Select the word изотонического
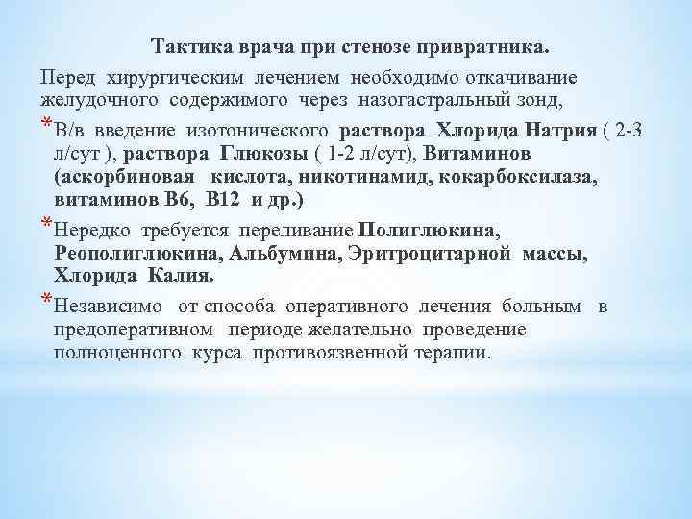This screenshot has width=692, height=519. click(264, 130)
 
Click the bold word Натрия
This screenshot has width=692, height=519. click(553, 130)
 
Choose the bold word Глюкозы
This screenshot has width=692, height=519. click(255, 154)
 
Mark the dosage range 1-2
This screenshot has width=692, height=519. click(344, 154)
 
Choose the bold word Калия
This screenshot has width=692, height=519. click(182, 277)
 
